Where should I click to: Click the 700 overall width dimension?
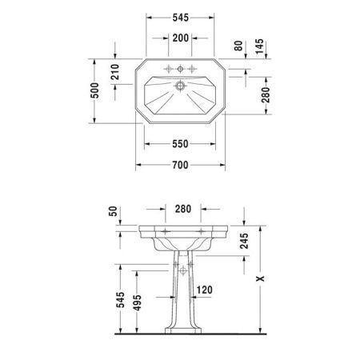179,165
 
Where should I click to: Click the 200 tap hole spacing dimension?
179,39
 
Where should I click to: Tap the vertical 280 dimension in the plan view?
266,96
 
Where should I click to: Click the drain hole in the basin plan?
180,84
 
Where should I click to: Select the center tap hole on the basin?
180,69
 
